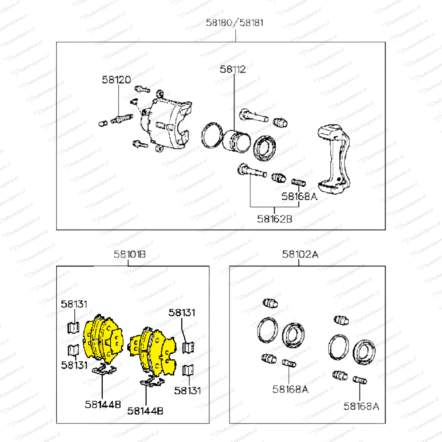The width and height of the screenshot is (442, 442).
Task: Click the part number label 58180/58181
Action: click(235, 23)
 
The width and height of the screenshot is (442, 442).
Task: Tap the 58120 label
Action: click(116, 80)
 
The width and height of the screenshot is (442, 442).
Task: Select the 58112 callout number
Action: click(233, 69)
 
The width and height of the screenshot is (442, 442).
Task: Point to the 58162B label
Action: click(275, 219)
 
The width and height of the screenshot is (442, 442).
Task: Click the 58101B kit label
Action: click(130, 254)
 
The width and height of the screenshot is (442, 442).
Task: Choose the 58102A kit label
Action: click(300, 254)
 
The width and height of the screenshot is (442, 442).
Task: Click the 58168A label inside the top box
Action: click(299, 196)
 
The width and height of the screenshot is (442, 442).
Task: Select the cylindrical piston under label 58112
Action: click(236, 141)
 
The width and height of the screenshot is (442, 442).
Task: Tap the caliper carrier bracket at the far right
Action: click(334, 159)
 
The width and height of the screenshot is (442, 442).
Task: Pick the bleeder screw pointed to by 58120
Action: click(122, 119)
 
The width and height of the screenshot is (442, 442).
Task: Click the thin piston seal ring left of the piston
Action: click(212, 135)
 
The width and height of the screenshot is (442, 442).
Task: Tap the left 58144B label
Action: click(103, 404)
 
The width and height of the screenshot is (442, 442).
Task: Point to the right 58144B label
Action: click(145, 411)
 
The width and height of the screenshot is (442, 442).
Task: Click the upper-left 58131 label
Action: click(74, 304)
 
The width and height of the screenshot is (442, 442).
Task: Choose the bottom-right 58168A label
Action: click(361, 406)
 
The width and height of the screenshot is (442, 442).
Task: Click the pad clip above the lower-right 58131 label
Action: click(188, 370)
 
